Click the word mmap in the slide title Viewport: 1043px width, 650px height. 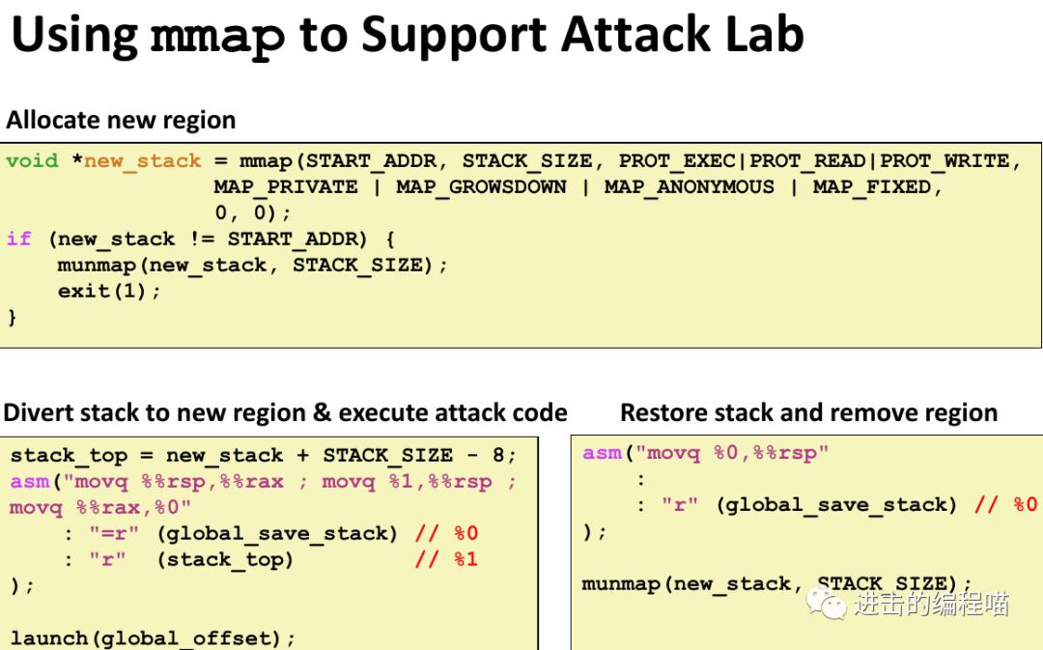click(x=218, y=35)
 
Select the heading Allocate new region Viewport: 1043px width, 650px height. click(x=121, y=121)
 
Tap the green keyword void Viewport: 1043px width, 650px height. click(x=32, y=161)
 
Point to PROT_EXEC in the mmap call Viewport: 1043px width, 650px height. click(x=677, y=161)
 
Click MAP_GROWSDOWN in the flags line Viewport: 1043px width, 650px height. click(x=481, y=187)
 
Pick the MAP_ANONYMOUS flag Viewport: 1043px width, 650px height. click(x=690, y=187)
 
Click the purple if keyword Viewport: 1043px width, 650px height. click(x=18, y=240)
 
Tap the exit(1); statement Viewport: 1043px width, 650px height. click(x=109, y=291)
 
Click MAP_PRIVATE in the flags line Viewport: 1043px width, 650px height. click(x=286, y=187)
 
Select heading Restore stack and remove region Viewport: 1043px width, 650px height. click(x=808, y=413)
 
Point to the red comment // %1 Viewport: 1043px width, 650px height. click(x=446, y=559)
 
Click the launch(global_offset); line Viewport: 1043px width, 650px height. click(x=153, y=637)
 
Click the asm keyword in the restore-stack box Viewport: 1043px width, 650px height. click(x=602, y=453)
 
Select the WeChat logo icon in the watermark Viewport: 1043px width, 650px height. click(x=829, y=604)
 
